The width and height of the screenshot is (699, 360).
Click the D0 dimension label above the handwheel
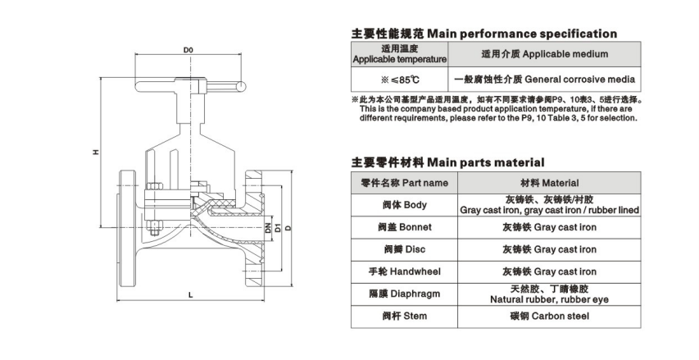188,51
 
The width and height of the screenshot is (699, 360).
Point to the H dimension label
95,152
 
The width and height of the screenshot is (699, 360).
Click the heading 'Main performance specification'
483,34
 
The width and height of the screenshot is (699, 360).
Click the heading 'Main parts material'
447,162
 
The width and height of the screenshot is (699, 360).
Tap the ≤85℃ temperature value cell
399,80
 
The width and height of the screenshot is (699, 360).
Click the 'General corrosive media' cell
544,80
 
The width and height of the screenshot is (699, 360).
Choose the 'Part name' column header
399,183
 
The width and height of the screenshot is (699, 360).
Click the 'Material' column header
549,183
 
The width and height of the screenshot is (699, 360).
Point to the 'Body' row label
399,205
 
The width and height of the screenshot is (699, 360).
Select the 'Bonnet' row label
399,227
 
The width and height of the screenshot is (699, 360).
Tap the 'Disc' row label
399,249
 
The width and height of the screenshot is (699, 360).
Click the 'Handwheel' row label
399,271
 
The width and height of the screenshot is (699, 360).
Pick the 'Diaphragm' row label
399,294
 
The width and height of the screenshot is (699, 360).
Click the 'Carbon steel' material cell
549,315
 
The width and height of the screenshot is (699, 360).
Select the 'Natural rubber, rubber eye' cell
549,294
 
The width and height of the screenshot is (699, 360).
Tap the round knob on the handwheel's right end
243,85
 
